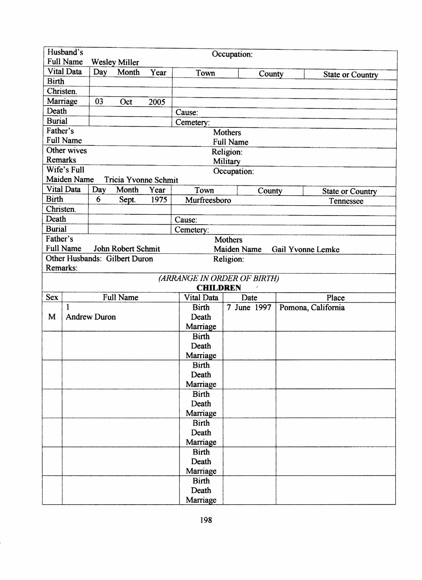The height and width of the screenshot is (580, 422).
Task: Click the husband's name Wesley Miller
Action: click(115, 62)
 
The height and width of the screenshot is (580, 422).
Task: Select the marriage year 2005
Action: click(157, 102)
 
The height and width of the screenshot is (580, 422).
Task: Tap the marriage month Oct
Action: click(126, 102)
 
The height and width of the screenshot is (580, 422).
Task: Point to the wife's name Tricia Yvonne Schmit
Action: click(141, 180)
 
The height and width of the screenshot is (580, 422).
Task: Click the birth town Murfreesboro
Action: click(208, 200)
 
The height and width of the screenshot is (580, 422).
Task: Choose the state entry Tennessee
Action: click(346, 201)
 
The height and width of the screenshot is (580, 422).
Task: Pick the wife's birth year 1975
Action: click(159, 200)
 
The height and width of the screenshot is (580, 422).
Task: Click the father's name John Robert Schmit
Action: click(127, 249)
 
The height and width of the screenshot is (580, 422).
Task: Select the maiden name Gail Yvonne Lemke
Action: click(305, 250)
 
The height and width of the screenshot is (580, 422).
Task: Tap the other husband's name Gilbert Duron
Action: click(130, 259)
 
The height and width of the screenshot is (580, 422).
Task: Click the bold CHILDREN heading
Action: click(219, 288)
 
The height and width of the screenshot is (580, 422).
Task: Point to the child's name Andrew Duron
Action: click(91, 317)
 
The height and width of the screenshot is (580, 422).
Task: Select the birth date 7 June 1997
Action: click(249, 307)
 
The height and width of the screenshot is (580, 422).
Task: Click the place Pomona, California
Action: click(312, 308)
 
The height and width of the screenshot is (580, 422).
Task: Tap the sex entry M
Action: click(52, 317)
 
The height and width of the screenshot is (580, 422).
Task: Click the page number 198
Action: click(206, 520)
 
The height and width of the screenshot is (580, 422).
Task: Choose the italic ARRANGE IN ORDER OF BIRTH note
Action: click(219, 278)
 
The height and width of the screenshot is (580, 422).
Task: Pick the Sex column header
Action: click(52, 297)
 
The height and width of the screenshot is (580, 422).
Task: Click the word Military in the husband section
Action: click(227, 161)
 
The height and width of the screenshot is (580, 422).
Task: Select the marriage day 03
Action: click(99, 102)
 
